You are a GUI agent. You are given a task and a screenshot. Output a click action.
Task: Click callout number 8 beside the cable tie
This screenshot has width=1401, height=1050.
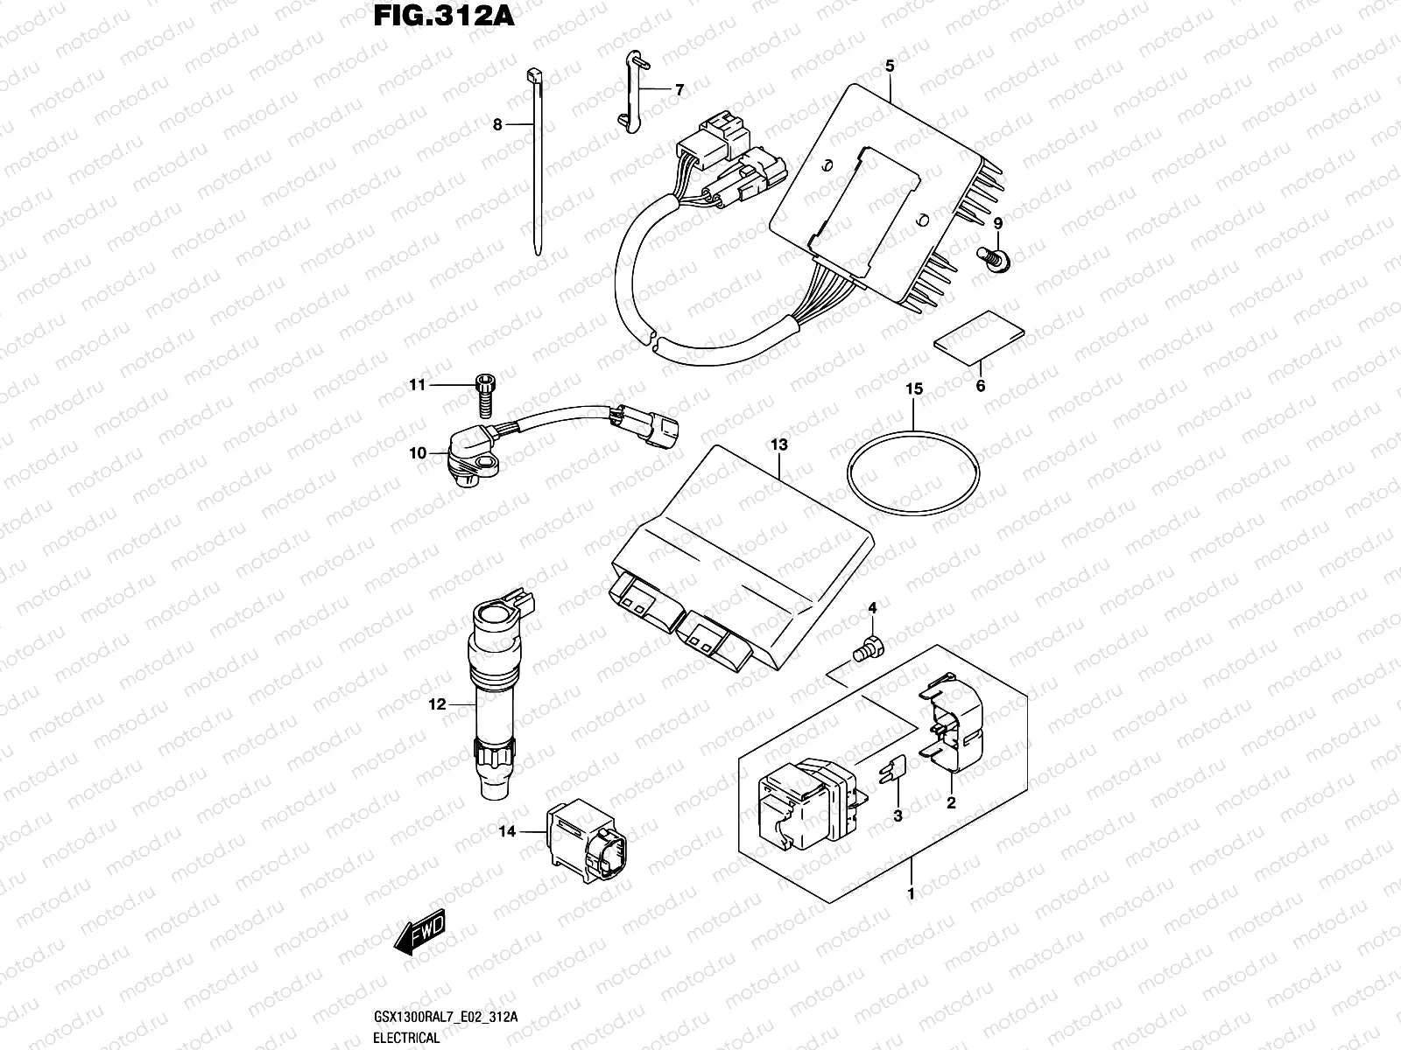click(497, 125)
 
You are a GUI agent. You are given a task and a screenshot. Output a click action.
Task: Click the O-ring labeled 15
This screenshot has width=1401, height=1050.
click(912, 473)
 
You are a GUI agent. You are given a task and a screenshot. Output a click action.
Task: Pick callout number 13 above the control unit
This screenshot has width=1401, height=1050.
click(778, 444)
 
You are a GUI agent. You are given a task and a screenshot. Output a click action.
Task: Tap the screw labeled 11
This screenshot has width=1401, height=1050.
click(483, 392)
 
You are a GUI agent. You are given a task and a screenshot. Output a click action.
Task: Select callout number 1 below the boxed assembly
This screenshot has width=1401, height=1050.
click(911, 894)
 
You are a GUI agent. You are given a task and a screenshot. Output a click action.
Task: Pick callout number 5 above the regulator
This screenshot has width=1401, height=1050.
click(890, 66)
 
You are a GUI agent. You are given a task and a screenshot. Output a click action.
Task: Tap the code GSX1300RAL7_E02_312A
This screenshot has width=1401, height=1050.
click(447, 1017)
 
